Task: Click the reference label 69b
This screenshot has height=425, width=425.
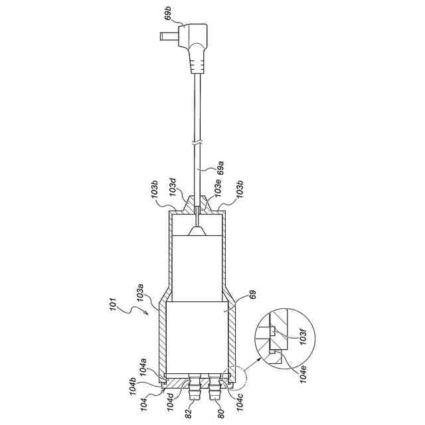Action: point(168,14)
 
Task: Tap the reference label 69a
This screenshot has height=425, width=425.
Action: point(220,168)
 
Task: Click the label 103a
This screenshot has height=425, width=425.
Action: point(140,294)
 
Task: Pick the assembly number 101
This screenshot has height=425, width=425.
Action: point(113,304)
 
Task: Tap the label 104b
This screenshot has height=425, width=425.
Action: point(133,383)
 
